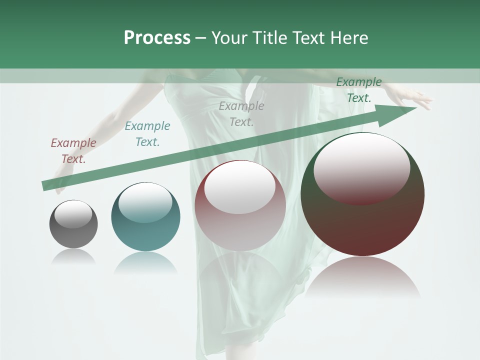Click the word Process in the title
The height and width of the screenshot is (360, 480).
tap(157, 38)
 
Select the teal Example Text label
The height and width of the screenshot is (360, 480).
tap(147, 134)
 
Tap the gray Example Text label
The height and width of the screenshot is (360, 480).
tap(241, 113)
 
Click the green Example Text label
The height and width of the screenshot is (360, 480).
tap(359, 90)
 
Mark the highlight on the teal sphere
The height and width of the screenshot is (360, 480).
tap(145, 202)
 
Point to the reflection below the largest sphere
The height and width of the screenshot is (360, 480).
tap(362, 277)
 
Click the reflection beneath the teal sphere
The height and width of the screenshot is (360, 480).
tap(145, 263)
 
